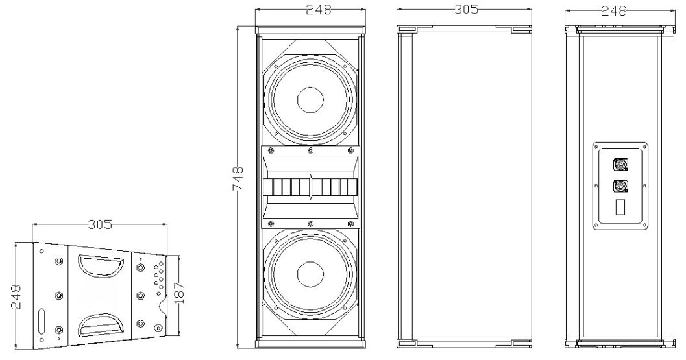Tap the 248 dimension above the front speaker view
point(310,10)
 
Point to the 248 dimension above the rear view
point(614,10)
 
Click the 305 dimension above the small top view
point(100,224)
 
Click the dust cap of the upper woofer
point(310,100)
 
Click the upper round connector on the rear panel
point(620,165)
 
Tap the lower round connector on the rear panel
point(620,187)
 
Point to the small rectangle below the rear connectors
point(620,209)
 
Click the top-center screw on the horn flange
point(310,150)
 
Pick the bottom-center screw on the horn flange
point(310,224)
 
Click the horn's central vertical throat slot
point(311,187)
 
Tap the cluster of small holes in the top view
point(157,275)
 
